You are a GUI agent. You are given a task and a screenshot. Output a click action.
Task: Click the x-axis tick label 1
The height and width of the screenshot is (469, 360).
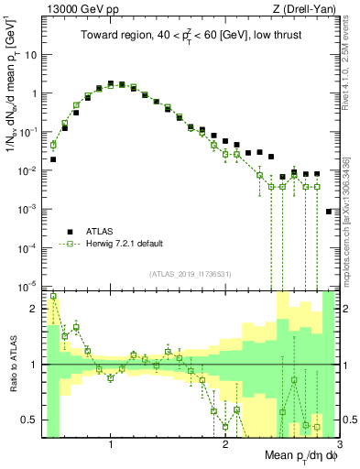pyautogui.click(x=111, y=444)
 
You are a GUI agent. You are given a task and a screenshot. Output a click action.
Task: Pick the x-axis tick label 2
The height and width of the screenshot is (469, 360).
pyautogui.click(x=225, y=444)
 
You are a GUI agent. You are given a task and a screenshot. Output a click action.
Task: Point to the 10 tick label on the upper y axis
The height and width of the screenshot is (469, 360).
pyautogui.click(x=30, y=55)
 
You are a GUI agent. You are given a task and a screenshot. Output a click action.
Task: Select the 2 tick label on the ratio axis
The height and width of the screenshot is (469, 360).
pyautogui.click(x=34, y=309)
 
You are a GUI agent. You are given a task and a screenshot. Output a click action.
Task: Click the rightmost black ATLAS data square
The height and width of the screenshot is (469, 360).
pyautogui.click(x=329, y=212)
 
